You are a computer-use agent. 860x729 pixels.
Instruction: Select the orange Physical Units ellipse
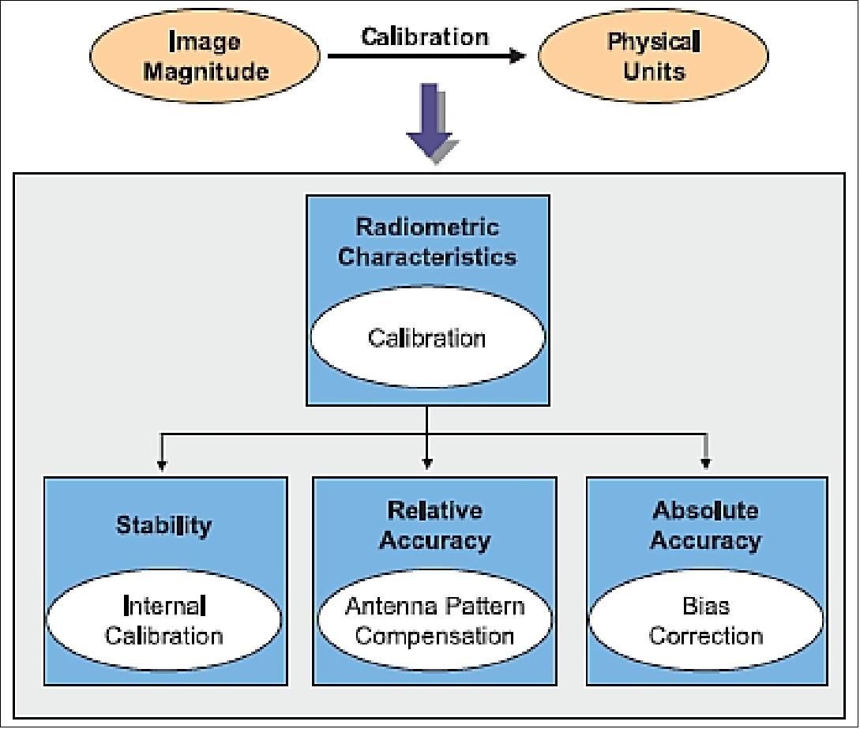[653, 55]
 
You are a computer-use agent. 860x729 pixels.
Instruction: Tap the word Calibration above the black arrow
[425, 36]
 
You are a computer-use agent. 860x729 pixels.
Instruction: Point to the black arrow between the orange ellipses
[426, 56]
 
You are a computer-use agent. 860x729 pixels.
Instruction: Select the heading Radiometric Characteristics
[427, 242]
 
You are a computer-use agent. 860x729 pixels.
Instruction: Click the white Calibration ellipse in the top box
[427, 338]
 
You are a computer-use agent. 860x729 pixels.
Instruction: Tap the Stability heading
[164, 525]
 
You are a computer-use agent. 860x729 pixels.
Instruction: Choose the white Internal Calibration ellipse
[164, 622]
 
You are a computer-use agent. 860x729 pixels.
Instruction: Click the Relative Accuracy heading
[434, 525]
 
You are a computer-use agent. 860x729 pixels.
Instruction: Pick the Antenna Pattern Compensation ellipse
[434, 622]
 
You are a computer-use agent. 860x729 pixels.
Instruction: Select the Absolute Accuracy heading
[706, 525]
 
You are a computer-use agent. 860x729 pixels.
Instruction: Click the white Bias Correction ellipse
[706, 622]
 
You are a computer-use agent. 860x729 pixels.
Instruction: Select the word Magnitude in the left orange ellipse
[206, 71]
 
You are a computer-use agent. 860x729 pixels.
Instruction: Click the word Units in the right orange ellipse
[654, 71]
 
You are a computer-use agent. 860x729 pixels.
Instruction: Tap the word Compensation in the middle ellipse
[434, 636]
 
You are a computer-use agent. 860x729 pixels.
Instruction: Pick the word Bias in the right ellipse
[706, 607]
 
